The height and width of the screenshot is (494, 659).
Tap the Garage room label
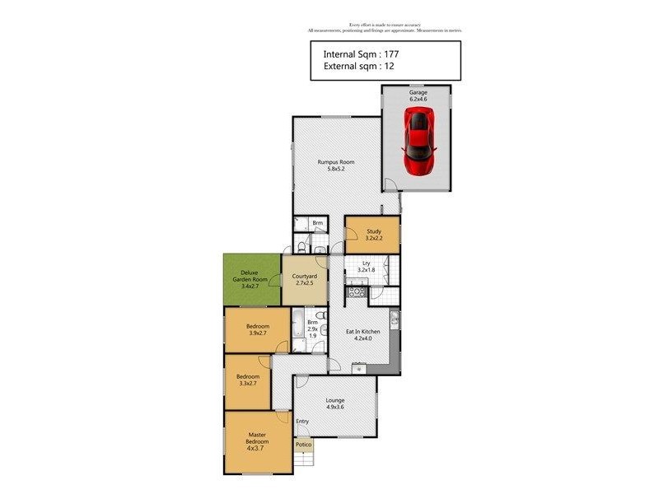[x=418, y=93]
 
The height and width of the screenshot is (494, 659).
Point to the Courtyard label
[x=305, y=276]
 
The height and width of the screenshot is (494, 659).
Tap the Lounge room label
[x=334, y=400]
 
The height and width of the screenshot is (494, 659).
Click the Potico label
[x=304, y=445]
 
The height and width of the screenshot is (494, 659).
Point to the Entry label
[x=303, y=422]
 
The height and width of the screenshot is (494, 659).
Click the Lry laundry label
[x=366, y=263]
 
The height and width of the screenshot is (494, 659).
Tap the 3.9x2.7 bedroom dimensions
[x=257, y=334]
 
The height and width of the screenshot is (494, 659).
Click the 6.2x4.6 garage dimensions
[x=418, y=100]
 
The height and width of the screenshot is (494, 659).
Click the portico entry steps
[x=304, y=458]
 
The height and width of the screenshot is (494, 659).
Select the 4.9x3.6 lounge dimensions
[x=334, y=408]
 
